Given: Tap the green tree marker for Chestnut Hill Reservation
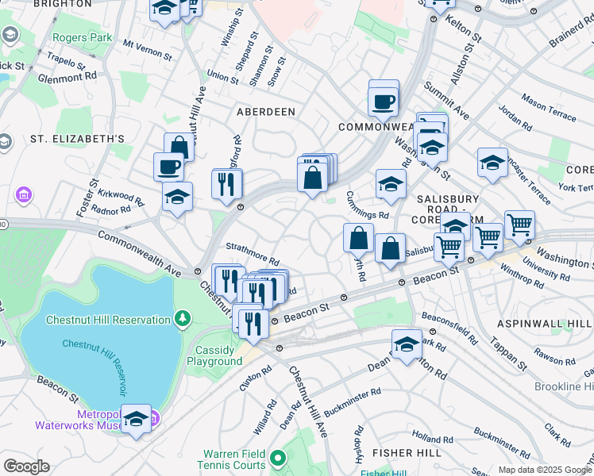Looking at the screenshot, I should (x=183, y=319).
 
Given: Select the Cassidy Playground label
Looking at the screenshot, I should (x=214, y=355).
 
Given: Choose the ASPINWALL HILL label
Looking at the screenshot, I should (x=544, y=324).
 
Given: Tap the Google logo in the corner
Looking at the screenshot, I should (x=25, y=466).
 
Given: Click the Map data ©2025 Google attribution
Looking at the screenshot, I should (x=544, y=470).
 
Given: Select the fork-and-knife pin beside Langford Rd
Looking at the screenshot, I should (x=227, y=183).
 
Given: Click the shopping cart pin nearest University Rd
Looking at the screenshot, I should (x=519, y=225).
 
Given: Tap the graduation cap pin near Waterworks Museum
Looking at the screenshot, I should (x=137, y=420).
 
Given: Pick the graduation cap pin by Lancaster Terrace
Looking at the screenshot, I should (x=492, y=163).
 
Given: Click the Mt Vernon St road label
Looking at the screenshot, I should (x=147, y=52).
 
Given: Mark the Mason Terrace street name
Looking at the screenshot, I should (x=549, y=108).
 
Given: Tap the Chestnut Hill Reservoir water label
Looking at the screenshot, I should (x=94, y=367).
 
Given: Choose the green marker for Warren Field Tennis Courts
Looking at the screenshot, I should (x=278, y=458).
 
